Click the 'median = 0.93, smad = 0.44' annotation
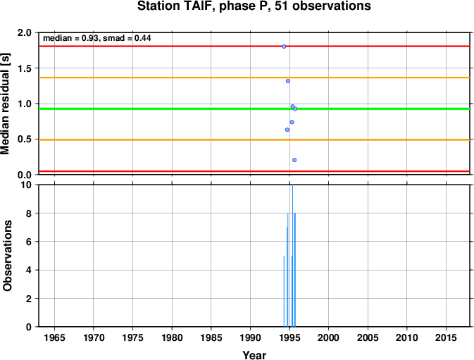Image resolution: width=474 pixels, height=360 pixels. (97, 38)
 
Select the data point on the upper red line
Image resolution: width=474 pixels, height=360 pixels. (284, 46)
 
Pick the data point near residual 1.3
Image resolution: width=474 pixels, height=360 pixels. (288, 81)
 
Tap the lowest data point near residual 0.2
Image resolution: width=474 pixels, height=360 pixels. (294, 160)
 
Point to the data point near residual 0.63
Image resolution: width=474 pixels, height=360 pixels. (287, 130)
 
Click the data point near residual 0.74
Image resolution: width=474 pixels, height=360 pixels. (292, 122)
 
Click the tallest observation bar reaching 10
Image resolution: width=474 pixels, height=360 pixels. (292, 256)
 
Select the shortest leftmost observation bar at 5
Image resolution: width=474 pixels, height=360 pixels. (284, 292)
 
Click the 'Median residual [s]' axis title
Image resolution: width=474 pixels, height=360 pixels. (6, 104)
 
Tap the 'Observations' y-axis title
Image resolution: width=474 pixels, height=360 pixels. (7, 256)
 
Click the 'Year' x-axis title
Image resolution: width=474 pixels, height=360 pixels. (254, 355)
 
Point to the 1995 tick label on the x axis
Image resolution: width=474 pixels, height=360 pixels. (289, 337)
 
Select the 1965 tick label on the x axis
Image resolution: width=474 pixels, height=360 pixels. (54, 337)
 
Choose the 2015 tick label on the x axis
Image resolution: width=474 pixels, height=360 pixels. (446, 337)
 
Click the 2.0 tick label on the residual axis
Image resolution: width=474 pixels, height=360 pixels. (25, 32)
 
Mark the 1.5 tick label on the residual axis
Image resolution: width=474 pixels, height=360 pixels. (25, 68)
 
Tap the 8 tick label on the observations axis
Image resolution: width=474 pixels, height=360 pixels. (29, 213)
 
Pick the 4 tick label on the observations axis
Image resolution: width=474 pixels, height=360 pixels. (29, 270)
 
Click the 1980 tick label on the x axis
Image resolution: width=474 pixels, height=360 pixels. (172, 337)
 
